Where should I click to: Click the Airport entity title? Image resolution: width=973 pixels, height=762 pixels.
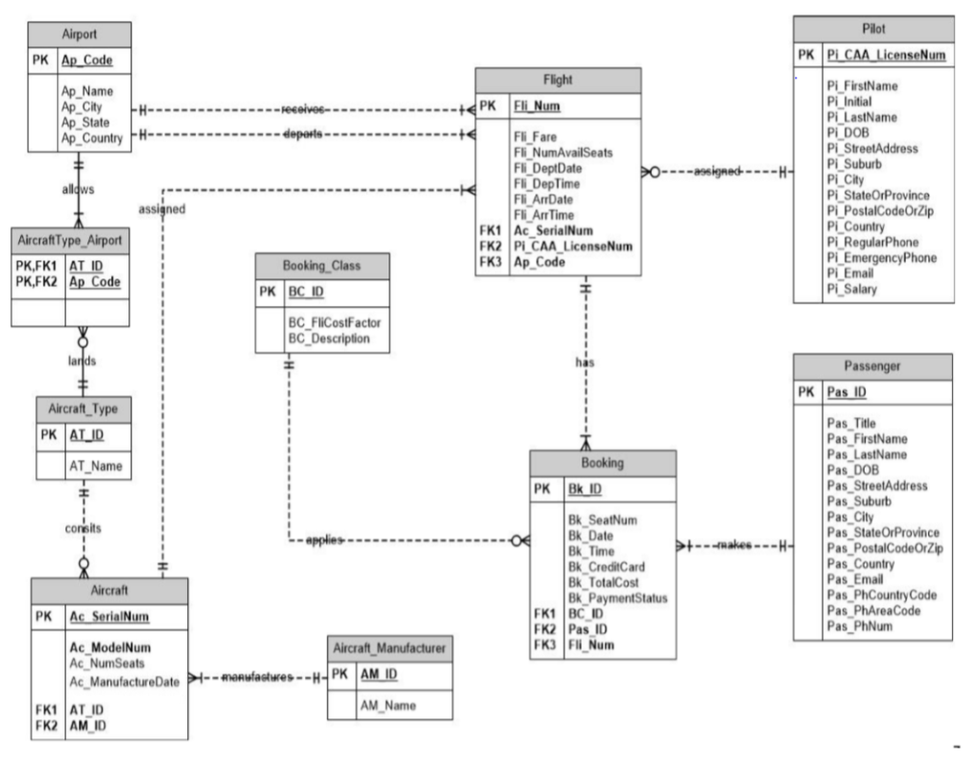tap(79, 34)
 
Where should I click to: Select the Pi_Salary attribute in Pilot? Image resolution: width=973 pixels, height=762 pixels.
tap(851, 289)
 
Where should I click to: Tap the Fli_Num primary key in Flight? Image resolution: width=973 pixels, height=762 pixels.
tap(537, 106)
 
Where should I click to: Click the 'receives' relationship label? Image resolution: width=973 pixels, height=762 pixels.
tap(302, 109)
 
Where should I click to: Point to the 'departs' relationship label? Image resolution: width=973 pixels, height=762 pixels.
tap(302, 134)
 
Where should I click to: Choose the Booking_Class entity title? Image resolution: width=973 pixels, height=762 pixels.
tap(321, 266)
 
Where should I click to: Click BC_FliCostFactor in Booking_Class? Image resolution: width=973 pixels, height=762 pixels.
tap(334, 323)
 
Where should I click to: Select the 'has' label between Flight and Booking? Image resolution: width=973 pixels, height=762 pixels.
tap(584, 362)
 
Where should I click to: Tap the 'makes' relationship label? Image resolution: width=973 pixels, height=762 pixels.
tap(735, 544)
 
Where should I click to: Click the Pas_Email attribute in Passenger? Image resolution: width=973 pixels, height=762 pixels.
tap(854, 580)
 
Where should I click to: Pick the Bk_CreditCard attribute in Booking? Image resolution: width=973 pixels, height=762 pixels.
tap(606, 566)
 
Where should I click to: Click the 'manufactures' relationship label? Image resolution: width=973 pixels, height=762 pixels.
tap(257, 676)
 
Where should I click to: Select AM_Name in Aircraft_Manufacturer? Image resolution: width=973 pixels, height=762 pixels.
tap(388, 706)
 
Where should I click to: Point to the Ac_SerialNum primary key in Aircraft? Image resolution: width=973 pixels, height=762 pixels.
tap(108, 617)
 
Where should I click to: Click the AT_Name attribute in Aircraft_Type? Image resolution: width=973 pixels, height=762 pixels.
tap(96, 466)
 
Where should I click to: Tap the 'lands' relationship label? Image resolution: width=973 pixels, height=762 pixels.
tap(82, 360)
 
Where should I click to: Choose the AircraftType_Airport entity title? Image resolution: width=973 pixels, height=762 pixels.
tap(69, 240)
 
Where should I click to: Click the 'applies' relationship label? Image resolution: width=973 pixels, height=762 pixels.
tap(325, 540)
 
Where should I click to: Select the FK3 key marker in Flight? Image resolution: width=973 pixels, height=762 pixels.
tap(490, 262)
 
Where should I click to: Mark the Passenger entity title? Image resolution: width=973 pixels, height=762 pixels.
tap(872, 366)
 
